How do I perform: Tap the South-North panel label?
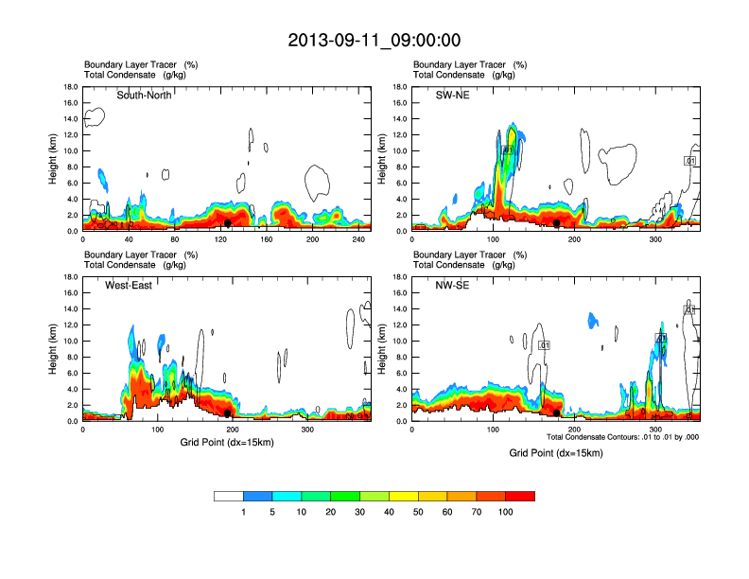pos(144,95)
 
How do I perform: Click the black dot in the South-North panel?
pos(228,223)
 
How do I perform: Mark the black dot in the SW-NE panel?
pos(557,223)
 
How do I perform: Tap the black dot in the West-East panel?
pos(228,412)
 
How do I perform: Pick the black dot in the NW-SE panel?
pos(556,412)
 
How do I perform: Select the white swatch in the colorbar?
pos(229,496)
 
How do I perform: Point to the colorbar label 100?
pos(506,512)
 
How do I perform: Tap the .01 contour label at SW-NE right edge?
pos(690,161)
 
